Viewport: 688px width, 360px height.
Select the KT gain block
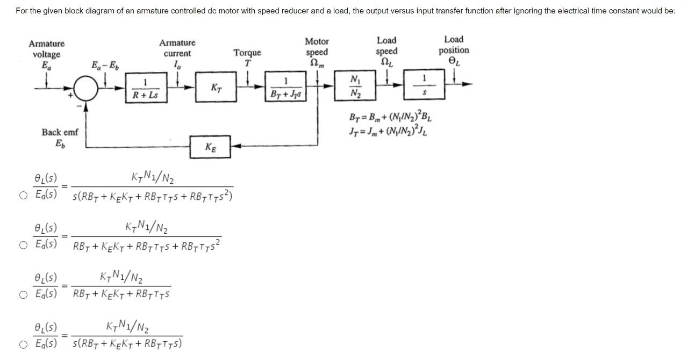click(x=216, y=87)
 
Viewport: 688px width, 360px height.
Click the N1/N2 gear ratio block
click(x=355, y=87)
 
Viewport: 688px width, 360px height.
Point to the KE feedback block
click(x=210, y=147)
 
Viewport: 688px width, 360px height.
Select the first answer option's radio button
click(x=23, y=195)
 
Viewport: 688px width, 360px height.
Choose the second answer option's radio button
click(x=23, y=245)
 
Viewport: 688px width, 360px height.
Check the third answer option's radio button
click(x=23, y=294)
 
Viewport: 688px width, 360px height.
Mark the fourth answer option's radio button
click(x=23, y=344)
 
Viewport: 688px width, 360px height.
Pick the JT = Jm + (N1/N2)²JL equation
click(x=389, y=131)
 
